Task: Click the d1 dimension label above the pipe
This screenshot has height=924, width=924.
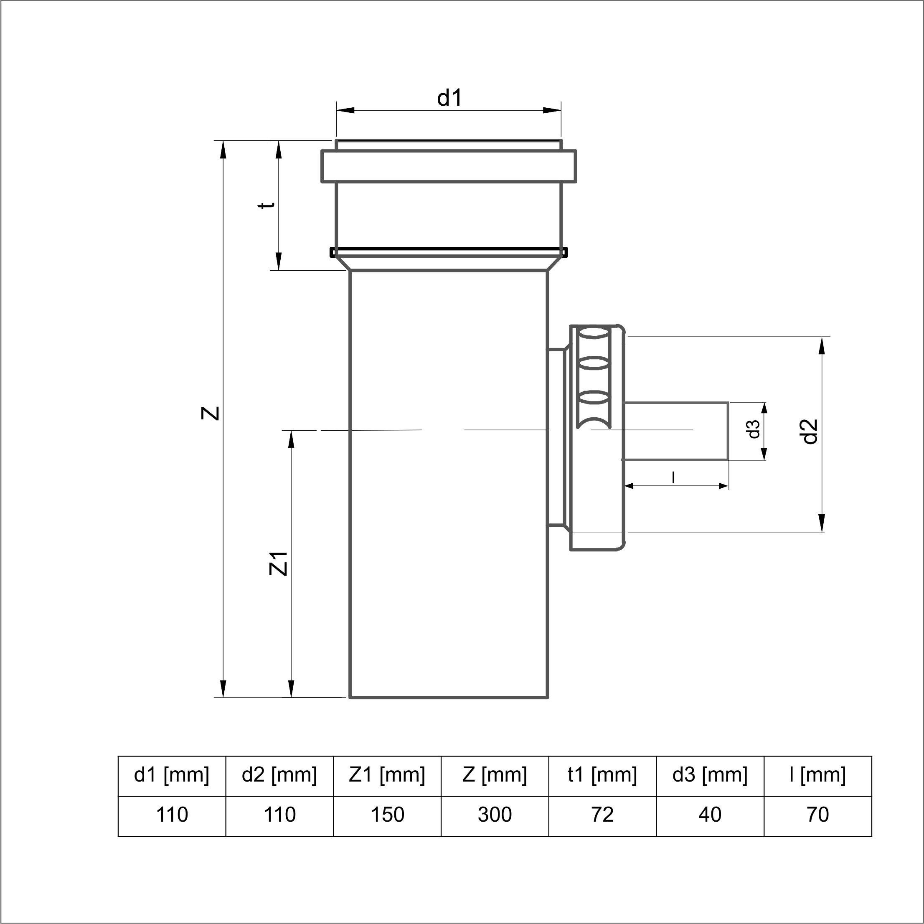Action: pos(449,98)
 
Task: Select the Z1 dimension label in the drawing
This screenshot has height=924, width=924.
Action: pos(279,564)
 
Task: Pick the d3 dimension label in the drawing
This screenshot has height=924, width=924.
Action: pos(754,429)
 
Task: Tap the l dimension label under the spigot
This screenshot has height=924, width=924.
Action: pos(674,477)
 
